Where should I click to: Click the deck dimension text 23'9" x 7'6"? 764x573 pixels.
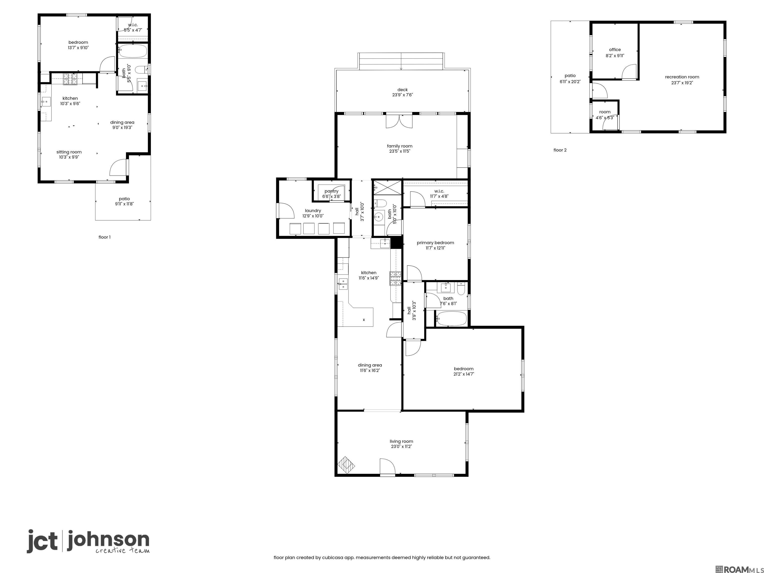click(402, 95)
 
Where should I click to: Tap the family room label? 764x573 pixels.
click(400, 146)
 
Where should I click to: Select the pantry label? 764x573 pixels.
click(331, 191)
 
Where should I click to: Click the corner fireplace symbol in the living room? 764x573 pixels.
click(346, 465)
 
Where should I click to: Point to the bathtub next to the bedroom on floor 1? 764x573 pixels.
click(133, 51)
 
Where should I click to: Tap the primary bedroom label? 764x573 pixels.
click(435, 243)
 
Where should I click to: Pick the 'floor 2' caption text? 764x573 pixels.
click(560, 150)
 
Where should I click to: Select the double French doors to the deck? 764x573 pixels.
click(399, 121)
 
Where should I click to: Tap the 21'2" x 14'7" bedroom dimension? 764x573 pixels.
click(464, 374)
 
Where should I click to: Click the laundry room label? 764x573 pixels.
click(313, 211)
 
